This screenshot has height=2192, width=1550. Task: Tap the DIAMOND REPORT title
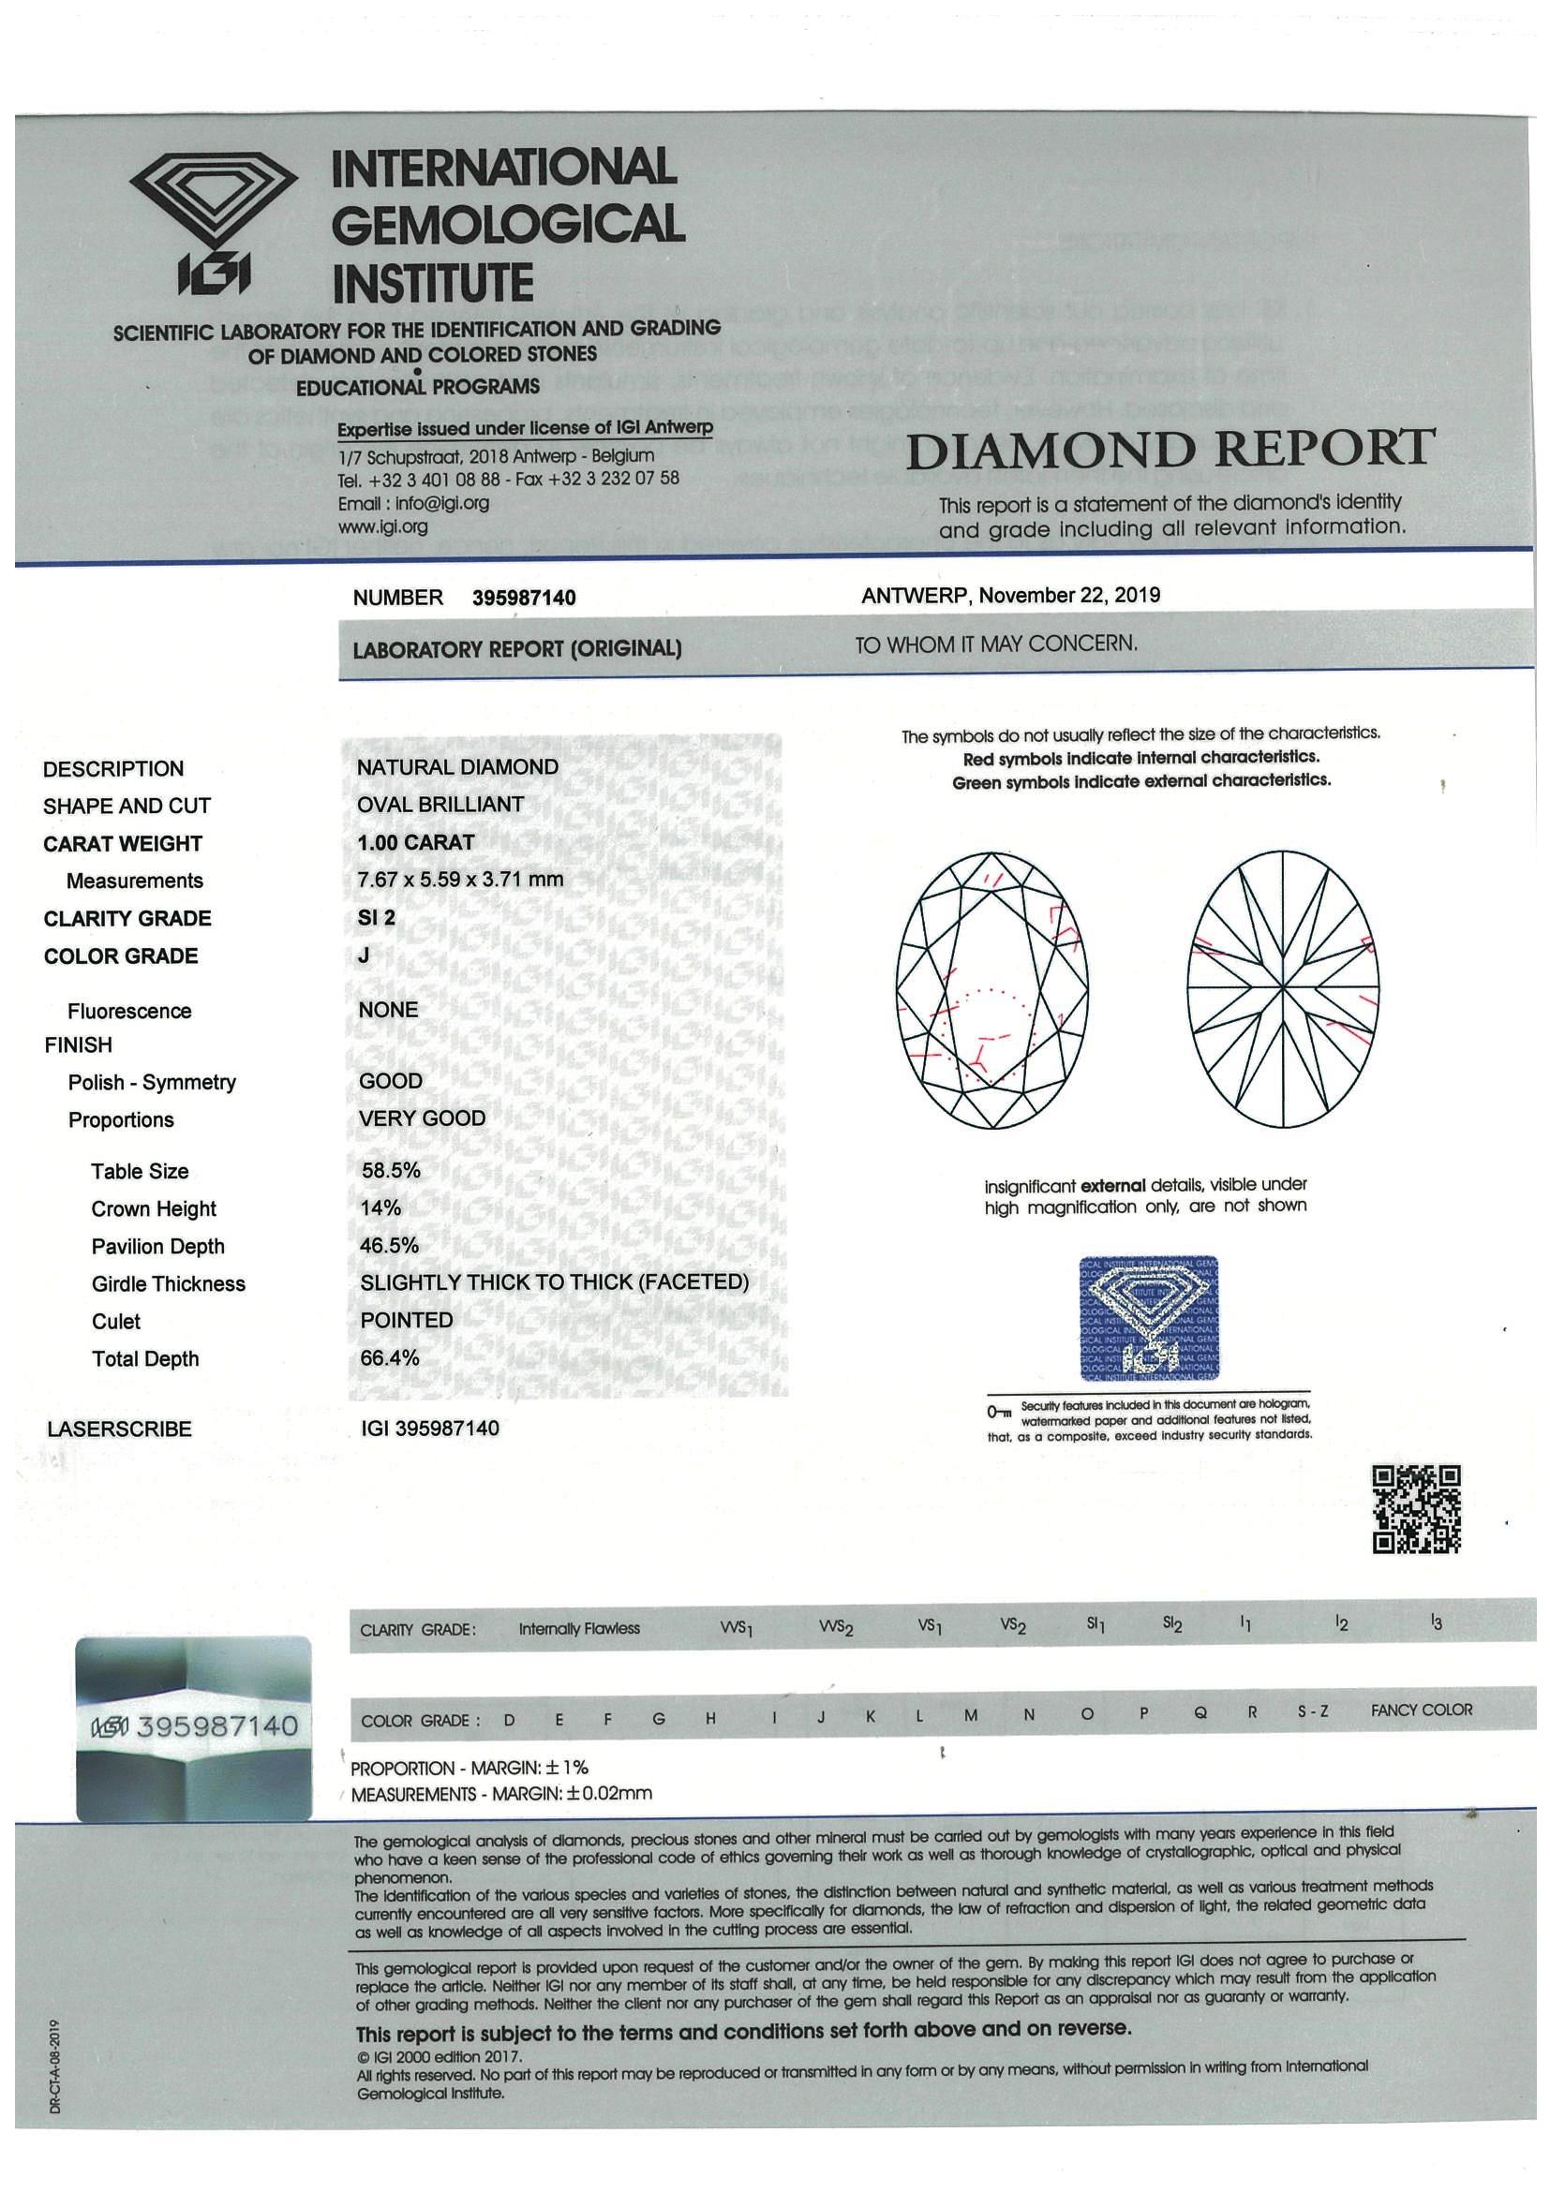tap(1170, 449)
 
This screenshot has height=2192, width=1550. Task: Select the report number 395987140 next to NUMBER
tap(524, 598)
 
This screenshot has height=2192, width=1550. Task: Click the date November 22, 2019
tap(1069, 596)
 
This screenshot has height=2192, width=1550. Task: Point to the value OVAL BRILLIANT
tap(440, 805)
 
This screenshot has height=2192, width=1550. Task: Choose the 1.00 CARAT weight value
tap(415, 842)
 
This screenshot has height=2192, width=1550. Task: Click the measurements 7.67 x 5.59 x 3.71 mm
tap(459, 880)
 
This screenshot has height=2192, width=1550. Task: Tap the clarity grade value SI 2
tap(377, 917)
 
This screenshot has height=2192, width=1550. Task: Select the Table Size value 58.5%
tap(390, 1170)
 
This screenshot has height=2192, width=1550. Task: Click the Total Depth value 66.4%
tap(390, 1357)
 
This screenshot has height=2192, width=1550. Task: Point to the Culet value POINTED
tap(406, 1321)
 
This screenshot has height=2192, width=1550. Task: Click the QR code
tap(1416, 1509)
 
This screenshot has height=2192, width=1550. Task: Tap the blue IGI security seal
tap(1148, 1318)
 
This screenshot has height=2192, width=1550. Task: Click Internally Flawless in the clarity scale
tap(579, 1629)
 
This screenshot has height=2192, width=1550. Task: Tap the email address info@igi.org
tap(413, 503)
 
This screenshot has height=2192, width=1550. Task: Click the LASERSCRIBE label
tap(118, 1429)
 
